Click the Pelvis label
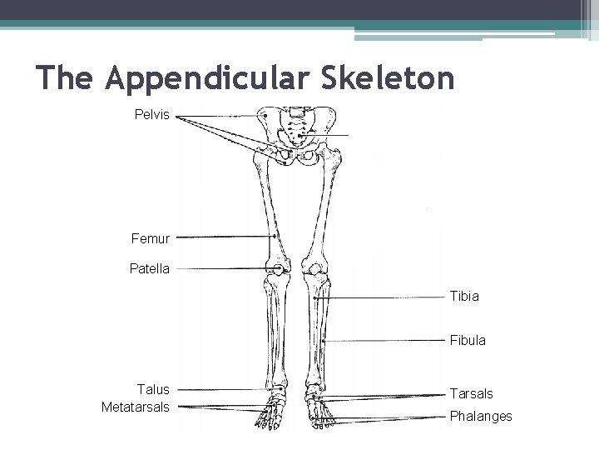pos(152,114)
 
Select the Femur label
pos(150,238)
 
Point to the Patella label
pos(150,269)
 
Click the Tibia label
pos(464,296)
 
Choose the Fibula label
pos(468,341)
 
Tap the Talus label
pos(153,389)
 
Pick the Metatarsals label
pos(135,407)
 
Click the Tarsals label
pos(471,393)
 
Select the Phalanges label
pos(481,416)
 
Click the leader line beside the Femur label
pos(225,237)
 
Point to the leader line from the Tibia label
pos(383,297)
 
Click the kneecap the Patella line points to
pos(276,269)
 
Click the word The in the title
pos(67,78)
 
